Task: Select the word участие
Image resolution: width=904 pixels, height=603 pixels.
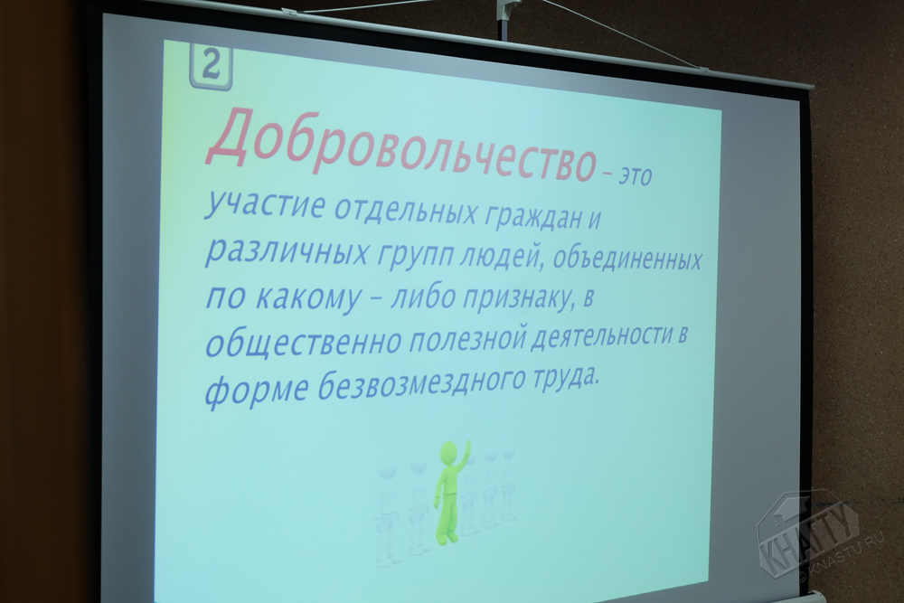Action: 265,205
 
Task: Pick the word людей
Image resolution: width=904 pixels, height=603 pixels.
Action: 501,256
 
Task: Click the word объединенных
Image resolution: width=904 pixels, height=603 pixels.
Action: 627,259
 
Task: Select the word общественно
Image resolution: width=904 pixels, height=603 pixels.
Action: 303,340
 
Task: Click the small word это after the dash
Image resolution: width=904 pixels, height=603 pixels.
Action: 635,175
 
